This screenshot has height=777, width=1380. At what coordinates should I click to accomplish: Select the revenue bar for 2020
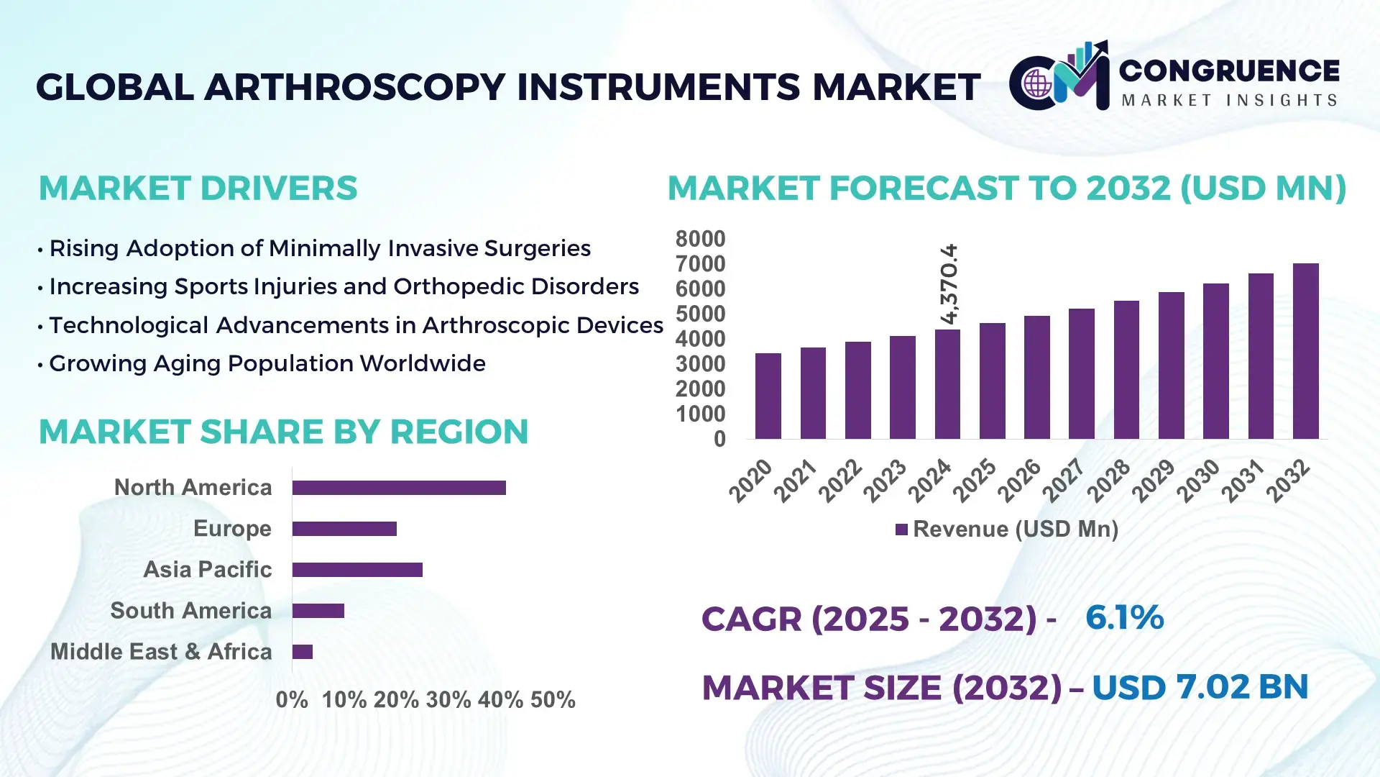click(768, 396)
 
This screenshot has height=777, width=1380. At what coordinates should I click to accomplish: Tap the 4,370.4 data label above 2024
click(949, 283)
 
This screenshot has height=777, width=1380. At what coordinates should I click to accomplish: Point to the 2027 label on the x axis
click(1063, 480)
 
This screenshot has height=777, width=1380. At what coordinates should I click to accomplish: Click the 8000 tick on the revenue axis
click(700, 239)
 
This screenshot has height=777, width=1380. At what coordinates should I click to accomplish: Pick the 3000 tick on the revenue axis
click(700, 364)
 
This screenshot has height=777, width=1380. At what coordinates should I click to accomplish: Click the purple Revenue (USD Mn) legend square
click(901, 530)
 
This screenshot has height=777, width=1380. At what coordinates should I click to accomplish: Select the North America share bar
click(399, 488)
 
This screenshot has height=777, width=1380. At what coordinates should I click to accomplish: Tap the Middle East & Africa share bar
click(303, 652)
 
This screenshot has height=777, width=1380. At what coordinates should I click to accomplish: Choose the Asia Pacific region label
click(207, 569)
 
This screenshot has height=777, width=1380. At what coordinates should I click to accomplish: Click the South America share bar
click(318, 611)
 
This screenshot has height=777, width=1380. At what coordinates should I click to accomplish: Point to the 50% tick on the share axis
click(553, 699)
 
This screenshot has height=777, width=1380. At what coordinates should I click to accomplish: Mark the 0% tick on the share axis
click(292, 699)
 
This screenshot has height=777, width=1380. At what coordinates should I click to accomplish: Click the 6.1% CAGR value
click(1124, 618)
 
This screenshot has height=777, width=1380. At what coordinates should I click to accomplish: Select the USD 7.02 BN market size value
click(1200, 687)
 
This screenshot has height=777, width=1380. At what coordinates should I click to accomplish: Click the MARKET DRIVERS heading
click(198, 188)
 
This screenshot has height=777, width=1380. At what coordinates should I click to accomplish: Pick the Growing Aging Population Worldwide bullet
click(267, 363)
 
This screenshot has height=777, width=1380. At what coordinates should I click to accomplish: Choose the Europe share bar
click(344, 529)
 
